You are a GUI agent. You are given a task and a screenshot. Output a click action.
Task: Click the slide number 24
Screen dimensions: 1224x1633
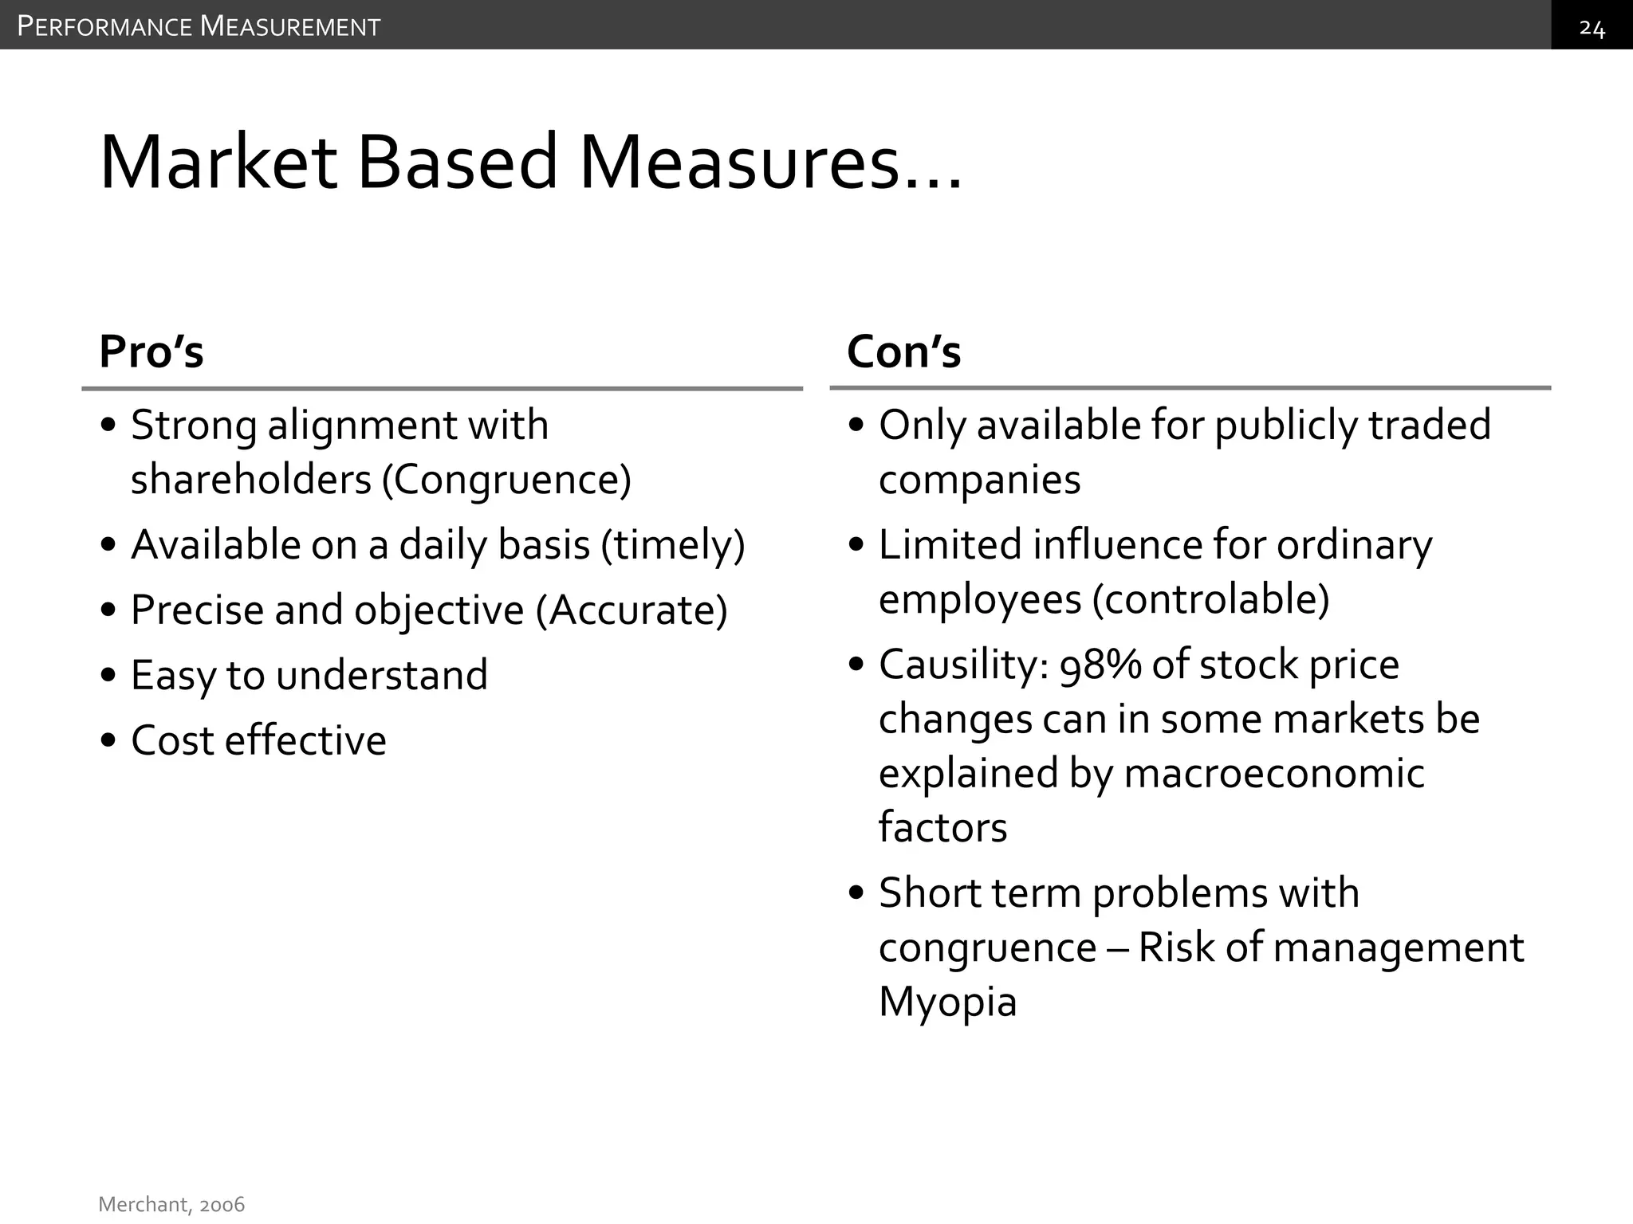(1592, 29)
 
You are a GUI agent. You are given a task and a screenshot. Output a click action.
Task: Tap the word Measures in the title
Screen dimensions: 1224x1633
(769, 163)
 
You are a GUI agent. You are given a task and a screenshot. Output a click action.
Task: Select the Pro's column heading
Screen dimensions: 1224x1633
(151, 351)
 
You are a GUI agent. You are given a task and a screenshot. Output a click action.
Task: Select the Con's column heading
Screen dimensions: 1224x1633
(903, 351)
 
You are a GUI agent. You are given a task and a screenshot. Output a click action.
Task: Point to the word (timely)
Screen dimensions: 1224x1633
(674, 546)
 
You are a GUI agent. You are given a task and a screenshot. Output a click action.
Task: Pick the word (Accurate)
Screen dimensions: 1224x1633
(632, 611)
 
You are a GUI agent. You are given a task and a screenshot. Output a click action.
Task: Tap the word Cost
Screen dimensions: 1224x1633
(172, 741)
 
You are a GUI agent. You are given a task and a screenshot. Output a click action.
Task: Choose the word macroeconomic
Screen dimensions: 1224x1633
(1273, 774)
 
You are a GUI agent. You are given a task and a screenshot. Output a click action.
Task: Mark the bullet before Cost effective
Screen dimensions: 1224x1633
(109, 741)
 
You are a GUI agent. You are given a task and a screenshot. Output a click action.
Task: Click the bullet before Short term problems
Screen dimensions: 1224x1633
(857, 893)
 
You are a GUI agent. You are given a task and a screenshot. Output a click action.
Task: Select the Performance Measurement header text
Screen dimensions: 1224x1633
(199, 27)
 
